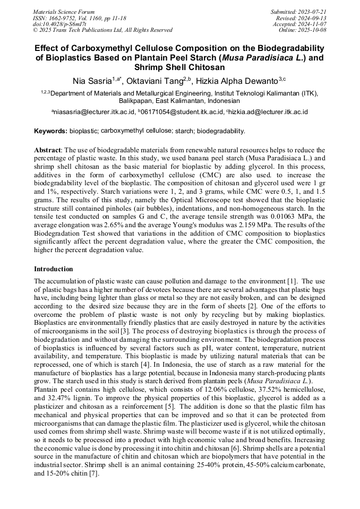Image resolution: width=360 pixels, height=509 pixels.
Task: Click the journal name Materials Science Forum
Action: (64, 11)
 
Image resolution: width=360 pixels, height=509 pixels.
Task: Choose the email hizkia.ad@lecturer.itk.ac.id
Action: (269, 112)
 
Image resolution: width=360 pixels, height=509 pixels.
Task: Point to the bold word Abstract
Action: (47, 150)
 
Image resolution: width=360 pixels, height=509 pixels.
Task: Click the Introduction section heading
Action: (54, 269)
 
